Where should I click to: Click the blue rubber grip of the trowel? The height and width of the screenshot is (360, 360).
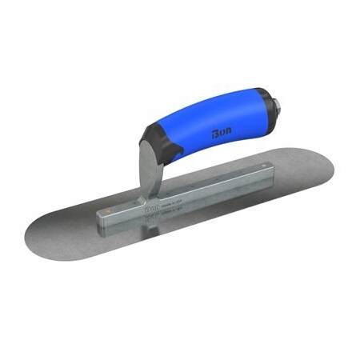(212, 120)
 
